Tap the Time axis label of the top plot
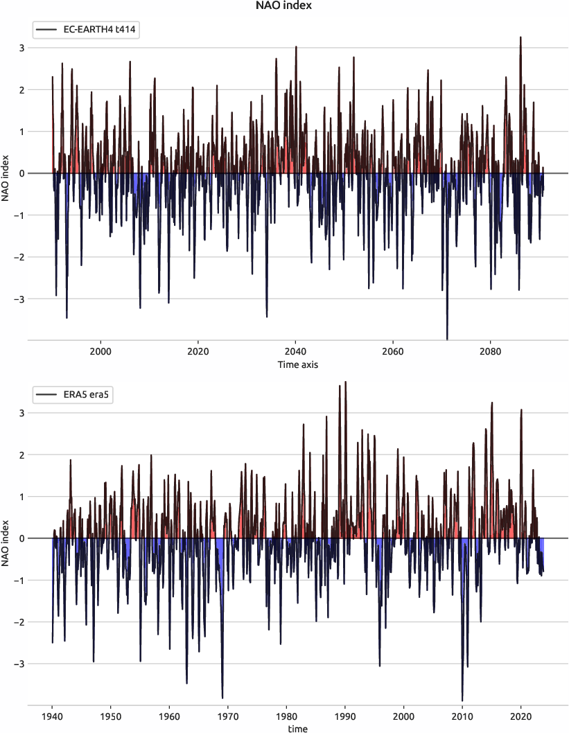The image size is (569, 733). coord(298,364)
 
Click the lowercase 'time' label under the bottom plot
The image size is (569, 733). coord(298,728)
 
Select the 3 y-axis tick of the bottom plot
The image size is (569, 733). coord(21,413)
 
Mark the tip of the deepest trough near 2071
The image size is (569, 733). coord(447,339)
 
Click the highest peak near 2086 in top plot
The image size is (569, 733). coord(520,37)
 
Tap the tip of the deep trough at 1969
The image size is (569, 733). coord(222,698)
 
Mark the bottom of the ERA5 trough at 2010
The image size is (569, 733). coord(462,700)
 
